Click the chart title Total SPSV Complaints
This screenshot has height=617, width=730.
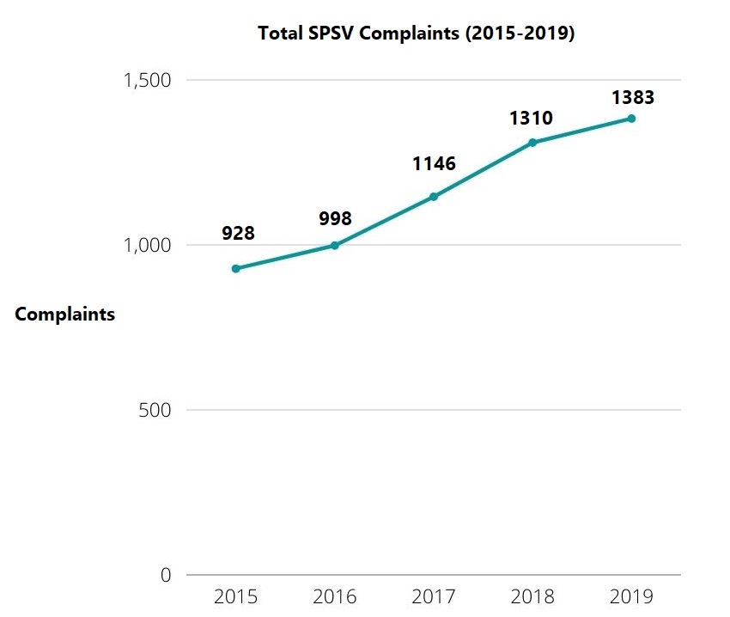click(x=416, y=34)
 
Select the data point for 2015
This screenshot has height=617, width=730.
click(x=236, y=269)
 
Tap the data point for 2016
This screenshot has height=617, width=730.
click(x=335, y=246)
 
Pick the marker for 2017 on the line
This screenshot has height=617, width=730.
click(x=434, y=197)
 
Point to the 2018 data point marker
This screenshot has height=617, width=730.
click(x=532, y=143)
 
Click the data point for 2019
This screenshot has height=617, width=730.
click(x=631, y=119)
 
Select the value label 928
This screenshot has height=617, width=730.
click(x=238, y=233)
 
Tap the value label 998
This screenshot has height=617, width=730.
click(x=335, y=219)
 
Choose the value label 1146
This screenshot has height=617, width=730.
click(x=434, y=163)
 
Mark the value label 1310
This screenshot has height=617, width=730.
click(x=532, y=118)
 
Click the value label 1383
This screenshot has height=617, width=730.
click(x=633, y=97)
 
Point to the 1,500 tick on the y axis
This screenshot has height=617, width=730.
click(x=148, y=81)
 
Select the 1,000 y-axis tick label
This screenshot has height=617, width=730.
click(x=148, y=246)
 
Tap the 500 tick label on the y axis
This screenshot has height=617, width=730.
click(x=155, y=411)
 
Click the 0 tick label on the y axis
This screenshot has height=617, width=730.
click(x=166, y=576)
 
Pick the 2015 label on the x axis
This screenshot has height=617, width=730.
click(x=236, y=596)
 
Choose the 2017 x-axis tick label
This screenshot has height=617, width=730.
click(x=434, y=596)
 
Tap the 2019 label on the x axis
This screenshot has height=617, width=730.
click(x=631, y=596)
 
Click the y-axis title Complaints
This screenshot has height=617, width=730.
click(x=65, y=315)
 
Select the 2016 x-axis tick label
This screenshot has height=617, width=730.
click(x=335, y=596)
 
